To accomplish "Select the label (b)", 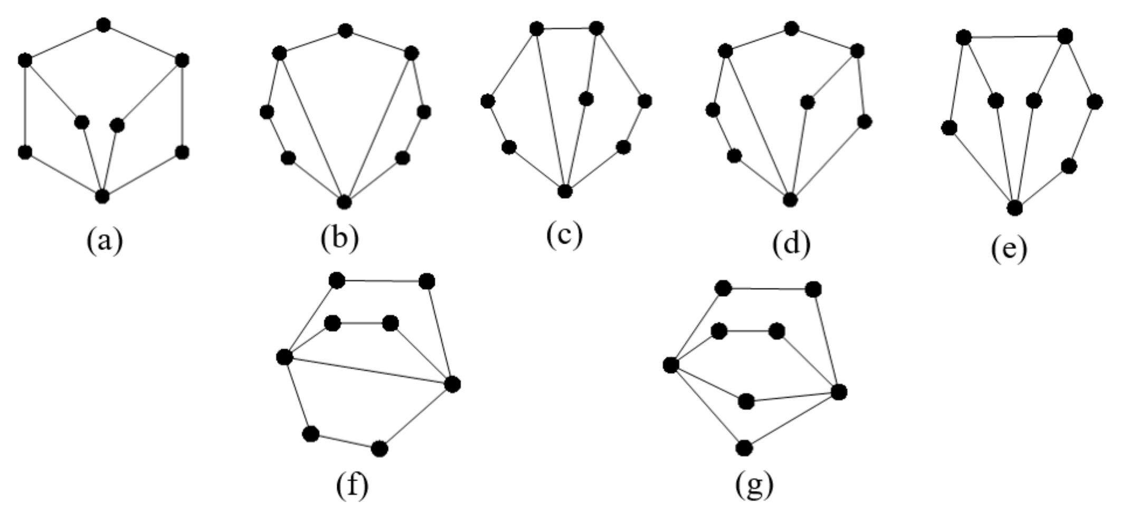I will [340, 237].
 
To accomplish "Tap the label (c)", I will [565, 235].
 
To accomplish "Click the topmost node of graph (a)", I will [103, 25].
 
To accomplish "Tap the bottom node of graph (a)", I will [102, 196].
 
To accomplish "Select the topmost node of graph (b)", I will [345, 31].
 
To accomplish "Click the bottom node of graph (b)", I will [344, 201].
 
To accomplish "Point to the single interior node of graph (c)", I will [586, 99].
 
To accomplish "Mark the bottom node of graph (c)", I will [565, 191].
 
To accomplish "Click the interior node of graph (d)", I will [807, 102].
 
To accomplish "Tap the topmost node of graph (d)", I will [791, 28].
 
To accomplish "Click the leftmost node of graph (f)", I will [284, 357].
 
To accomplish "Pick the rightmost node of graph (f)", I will [452, 385].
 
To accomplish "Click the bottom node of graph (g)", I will [744, 448].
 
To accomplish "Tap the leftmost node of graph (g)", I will [671, 364].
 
